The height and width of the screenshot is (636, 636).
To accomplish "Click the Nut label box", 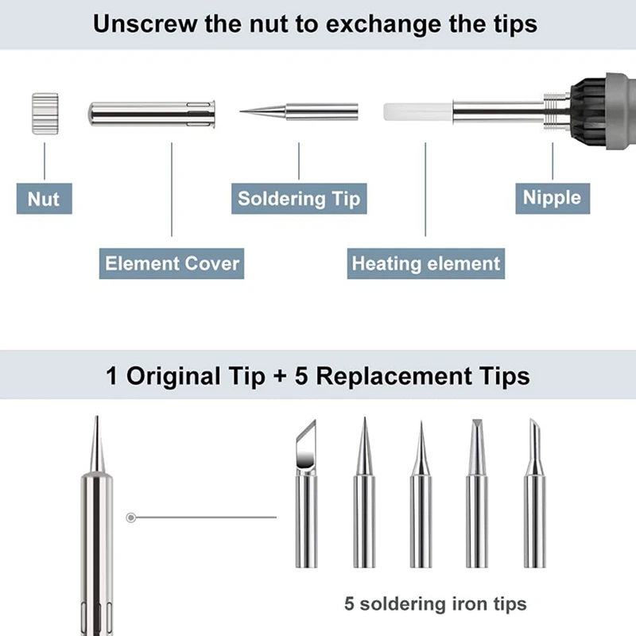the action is pyautogui.click(x=45, y=199).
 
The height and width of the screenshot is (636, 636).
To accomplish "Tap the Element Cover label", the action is pyautogui.click(x=172, y=264).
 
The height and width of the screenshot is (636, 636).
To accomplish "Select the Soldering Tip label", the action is pyautogui.click(x=299, y=199).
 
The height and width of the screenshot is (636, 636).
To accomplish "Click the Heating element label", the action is pyautogui.click(x=426, y=264).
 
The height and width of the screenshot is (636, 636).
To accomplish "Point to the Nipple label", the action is pyautogui.click(x=553, y=198).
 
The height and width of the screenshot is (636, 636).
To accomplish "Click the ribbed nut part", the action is pyautogui.click(x=45, y=114).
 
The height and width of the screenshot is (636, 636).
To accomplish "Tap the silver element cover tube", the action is pyautogui.click(x=152, y=114).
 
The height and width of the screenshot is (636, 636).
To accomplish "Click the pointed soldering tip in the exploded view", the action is pyautogui.click(x=299, y=111).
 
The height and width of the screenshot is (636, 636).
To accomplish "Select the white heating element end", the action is pyautogui.click(x=418, y=111).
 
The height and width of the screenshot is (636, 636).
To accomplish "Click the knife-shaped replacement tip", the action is pyautogui.click(x=306, y=494).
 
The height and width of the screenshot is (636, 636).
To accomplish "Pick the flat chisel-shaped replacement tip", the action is pyautogui.click(x=477, y=494).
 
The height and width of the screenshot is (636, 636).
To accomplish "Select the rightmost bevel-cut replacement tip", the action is pyautogui.click(x=534, y=494).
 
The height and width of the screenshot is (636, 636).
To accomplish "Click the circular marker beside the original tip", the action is pyautogui.click(x=131, y=518).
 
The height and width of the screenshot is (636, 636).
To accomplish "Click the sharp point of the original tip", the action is pyautogui.click(x=96, y=416).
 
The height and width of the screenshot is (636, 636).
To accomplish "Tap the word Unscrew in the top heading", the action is pyautogui.click(x=145, y=24).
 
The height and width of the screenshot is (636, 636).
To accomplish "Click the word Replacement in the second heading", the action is pyautogui.click(x=394, y=376).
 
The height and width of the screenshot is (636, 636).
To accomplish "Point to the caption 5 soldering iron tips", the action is pyautogui.click(x=436, y=604).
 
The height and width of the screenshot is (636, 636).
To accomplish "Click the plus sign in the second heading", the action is pyautogui.click(x=280, y=376).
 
